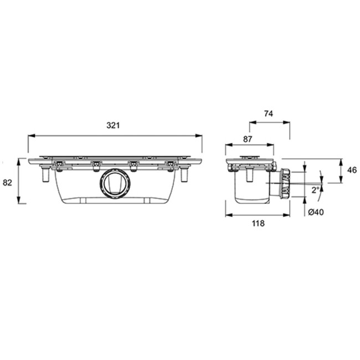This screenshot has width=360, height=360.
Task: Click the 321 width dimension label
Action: coord(113,125)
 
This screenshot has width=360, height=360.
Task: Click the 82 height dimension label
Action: coord(7,183)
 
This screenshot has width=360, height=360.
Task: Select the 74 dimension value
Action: coord(269,114)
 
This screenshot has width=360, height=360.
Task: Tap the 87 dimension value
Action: coord(248,139)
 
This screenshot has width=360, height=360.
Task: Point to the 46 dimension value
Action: coord(352,170)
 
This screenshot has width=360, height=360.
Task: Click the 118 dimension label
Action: coord(258,223)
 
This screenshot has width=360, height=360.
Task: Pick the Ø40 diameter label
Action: coord(316,212)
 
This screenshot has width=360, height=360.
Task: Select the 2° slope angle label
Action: coord(316,190)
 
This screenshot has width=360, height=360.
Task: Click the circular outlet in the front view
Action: coord(116,183)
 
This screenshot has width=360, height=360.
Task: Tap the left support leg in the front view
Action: coord(46,174)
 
